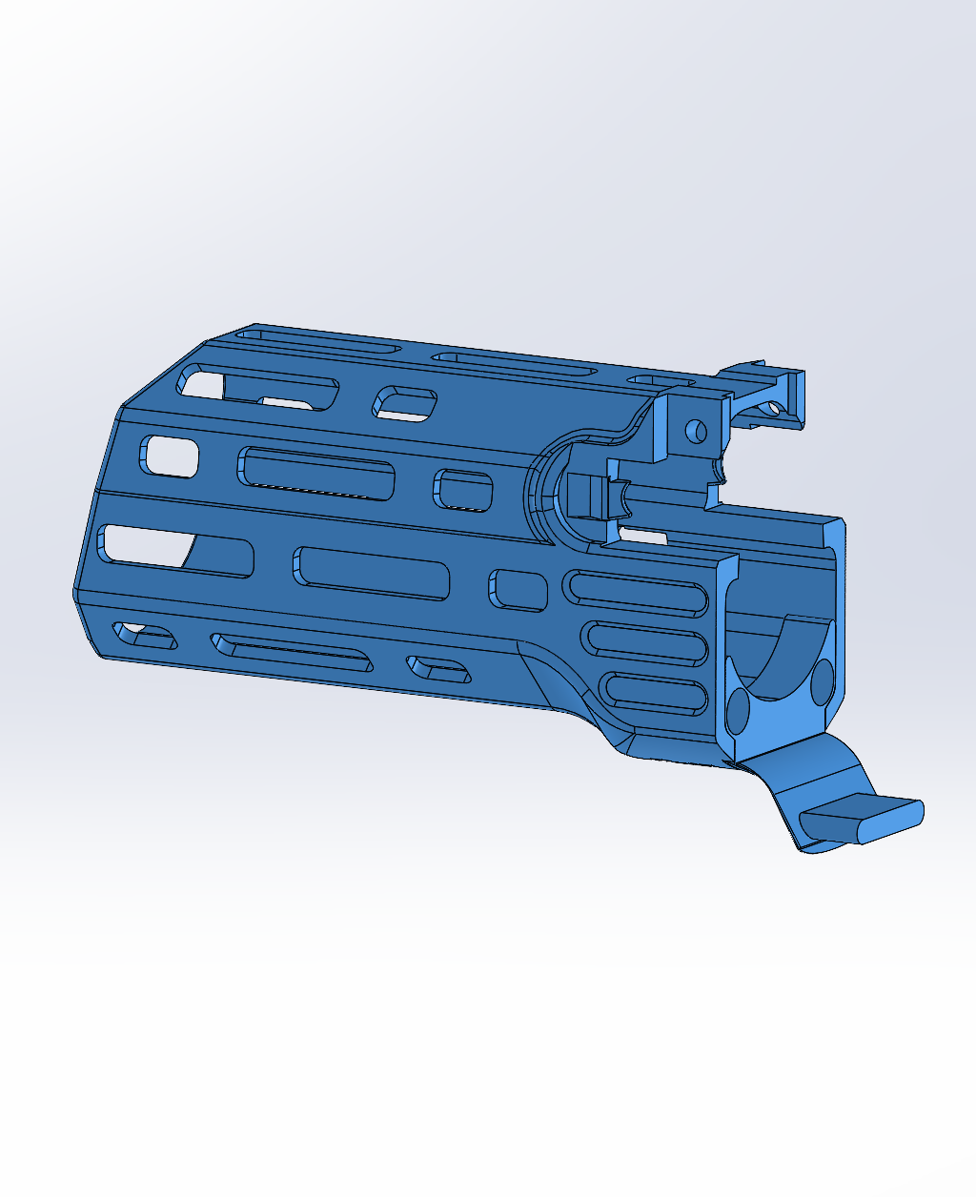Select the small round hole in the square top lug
click(x=696, y=430)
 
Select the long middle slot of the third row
click(x=372, y=573)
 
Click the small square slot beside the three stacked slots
click(x=518, y=589)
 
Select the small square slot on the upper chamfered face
click(x=404, y=403)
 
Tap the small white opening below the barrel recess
click(x=640, y=536)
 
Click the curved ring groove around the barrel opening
click(x=539, y=486)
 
